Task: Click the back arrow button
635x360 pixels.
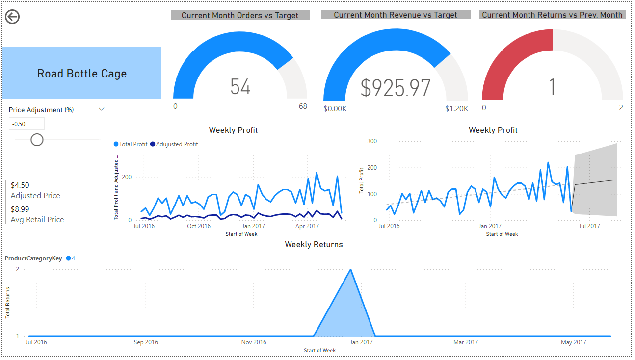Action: (12, 17)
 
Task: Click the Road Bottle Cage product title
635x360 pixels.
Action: (82, 74)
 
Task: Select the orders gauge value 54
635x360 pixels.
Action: (240, 87)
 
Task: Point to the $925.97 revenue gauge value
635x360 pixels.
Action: (396, 88)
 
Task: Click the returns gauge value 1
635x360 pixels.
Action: (552, 87)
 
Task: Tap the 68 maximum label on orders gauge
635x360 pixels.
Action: (303, 107)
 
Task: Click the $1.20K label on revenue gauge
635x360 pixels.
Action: (456, 109)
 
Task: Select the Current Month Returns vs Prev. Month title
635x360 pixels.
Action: (552, 15)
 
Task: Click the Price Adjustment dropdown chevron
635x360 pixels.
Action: (102, 109)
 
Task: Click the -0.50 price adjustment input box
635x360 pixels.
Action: (26, 124)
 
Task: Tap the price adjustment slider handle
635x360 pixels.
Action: (37, 140)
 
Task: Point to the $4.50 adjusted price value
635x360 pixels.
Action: (20, 185)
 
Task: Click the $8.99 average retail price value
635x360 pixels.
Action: (20, 209)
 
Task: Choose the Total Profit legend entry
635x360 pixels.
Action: (131, 144)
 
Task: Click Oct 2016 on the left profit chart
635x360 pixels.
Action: (199, 226)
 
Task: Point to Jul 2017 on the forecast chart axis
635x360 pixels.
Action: (589, 226)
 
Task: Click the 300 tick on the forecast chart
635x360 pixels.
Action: (372, 141)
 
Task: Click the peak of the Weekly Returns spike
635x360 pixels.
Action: (350, 269)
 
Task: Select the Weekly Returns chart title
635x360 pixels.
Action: (314, 244)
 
